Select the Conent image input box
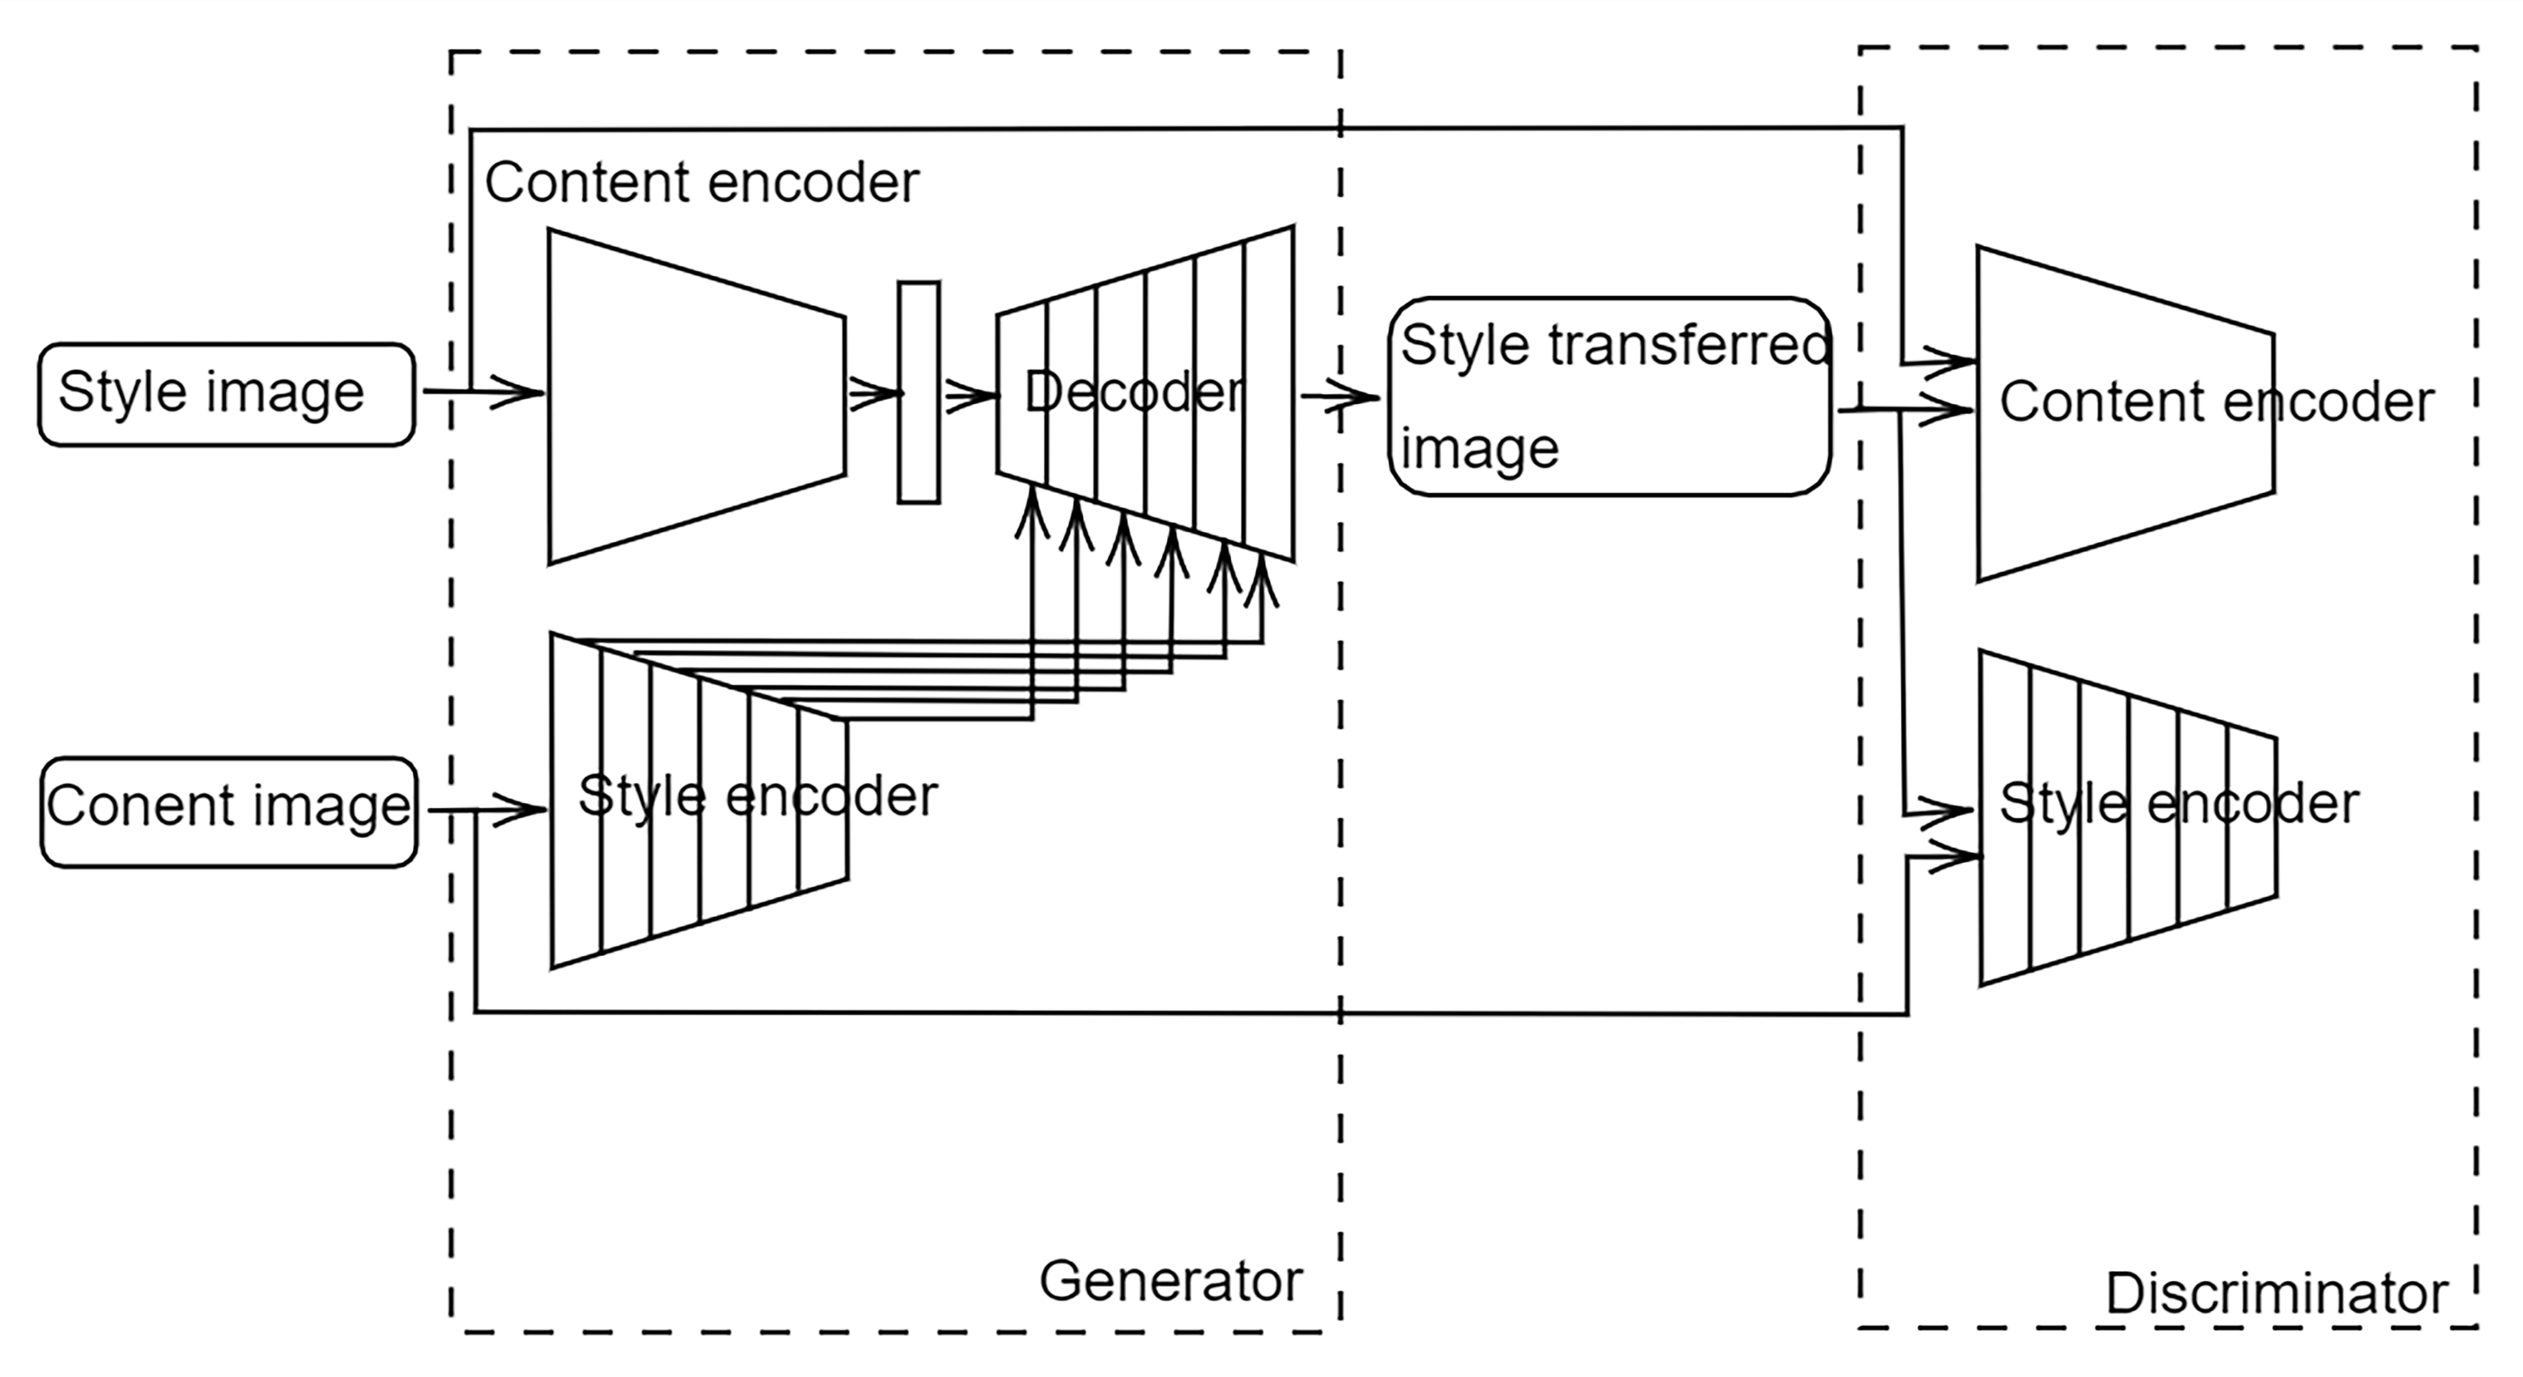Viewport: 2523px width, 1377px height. (x=228, y=811)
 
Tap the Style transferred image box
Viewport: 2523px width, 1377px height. (x=1609, y=397)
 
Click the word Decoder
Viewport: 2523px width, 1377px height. (x=1134, y=392)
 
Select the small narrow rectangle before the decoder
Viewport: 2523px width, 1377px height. (x=919, y=393)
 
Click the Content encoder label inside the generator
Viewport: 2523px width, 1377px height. (x=701, y=182)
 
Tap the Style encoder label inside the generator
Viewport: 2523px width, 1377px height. (x=757, y=795)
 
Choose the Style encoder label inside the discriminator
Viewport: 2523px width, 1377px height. (x=2178, y=803)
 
